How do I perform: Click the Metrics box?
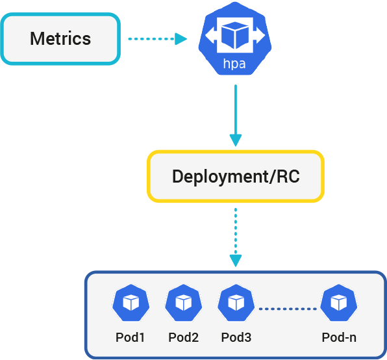[x=60, y=38]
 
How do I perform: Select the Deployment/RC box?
[x=235, y=176]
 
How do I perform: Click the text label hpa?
[x=234, y=64]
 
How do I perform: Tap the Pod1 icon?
[x=131, y=303]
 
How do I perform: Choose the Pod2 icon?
[x=184, y=303]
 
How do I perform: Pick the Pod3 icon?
[x=236, y=303]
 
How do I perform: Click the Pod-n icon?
[x=338, y=303]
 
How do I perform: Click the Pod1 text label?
[x=131, y=337]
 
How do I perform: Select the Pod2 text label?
[x=184, y=337]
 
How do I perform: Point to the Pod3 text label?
[x=236, y=337]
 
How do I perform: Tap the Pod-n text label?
[x=338, y=337]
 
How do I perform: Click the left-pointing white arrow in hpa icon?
[x=211, y=37]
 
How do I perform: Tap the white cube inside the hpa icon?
[x=234, y=36]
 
